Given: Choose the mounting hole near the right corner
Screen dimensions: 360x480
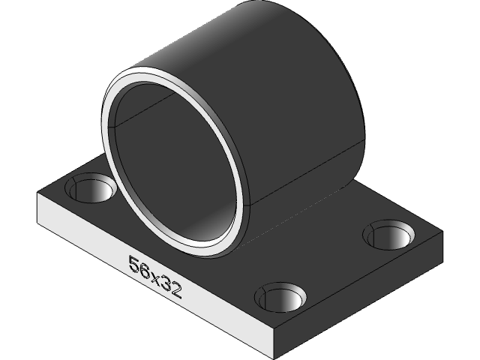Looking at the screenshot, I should (389, 235).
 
